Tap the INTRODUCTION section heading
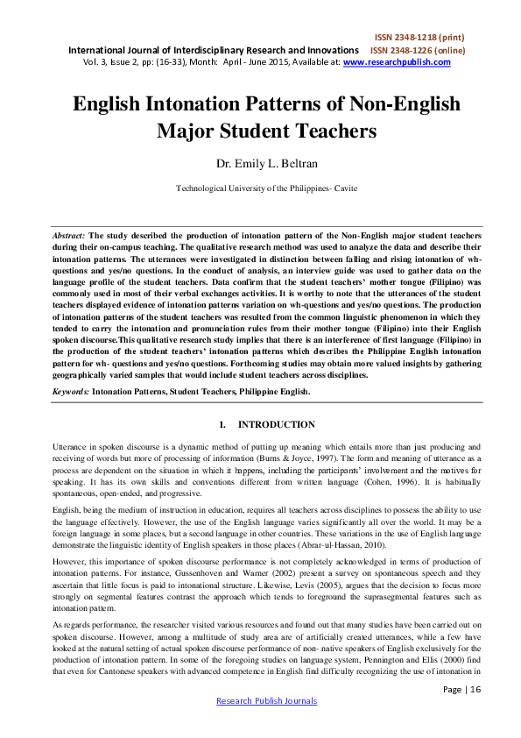point(276,425)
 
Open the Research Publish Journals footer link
point(265,726)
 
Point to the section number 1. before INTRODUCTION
point(222,425)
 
